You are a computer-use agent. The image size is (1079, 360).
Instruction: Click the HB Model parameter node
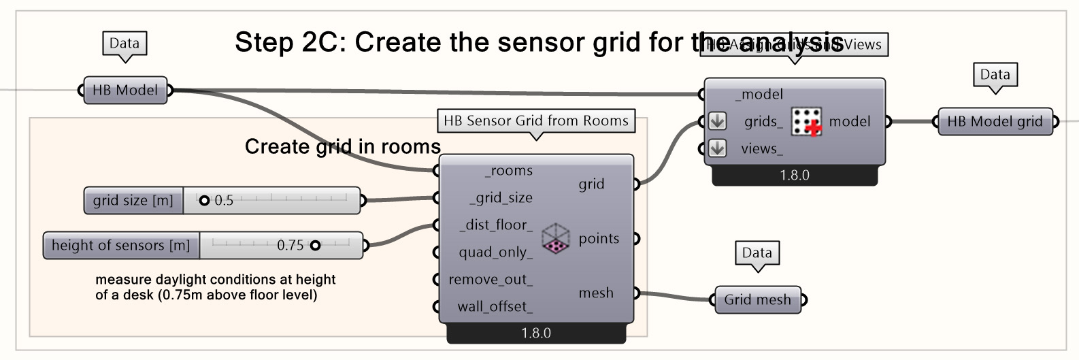coord(125,90)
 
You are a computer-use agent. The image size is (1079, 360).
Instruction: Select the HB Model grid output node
coord(995,122)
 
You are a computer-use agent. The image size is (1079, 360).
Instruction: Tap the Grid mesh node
coord(757,299)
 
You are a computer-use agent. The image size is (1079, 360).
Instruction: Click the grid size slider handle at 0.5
coord(204,201)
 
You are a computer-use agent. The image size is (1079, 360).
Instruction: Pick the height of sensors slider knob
coord(315,246)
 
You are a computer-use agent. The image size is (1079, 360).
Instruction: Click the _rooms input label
coord(509,171)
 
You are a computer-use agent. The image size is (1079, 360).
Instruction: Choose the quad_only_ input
coord(495,252)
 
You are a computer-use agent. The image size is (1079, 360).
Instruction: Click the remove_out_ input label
coord(491,280)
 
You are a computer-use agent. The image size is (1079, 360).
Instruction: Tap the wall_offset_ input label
coord(495,307)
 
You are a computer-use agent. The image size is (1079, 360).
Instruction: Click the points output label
coord(599,239)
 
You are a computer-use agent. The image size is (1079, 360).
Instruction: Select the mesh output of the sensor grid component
coord(596,293)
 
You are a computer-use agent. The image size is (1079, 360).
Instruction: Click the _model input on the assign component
coord(759,95)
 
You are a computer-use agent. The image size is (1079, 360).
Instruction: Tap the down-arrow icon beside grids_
coord(717,122)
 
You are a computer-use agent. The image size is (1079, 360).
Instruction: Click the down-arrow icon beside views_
coord(717,148)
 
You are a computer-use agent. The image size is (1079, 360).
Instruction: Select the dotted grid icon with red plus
coord(807,122)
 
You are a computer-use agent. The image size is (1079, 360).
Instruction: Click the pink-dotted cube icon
coord(556,239)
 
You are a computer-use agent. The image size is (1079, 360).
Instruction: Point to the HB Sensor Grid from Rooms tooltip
coord(536,121)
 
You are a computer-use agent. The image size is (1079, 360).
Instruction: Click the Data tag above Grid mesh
coord(757,253)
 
